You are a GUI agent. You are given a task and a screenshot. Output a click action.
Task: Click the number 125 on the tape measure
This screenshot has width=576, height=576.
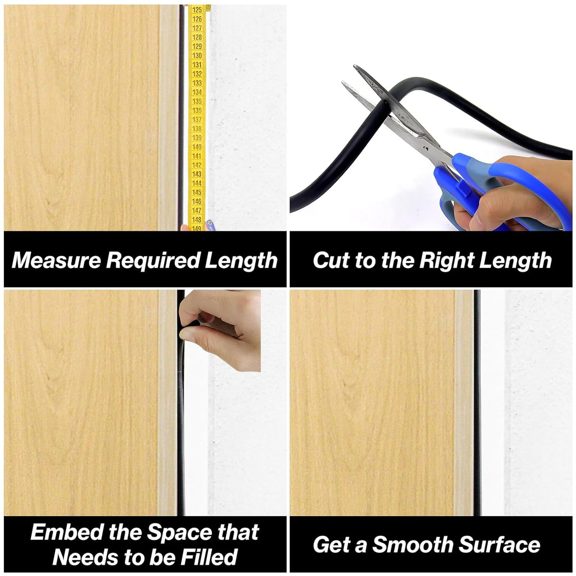coord(197,10)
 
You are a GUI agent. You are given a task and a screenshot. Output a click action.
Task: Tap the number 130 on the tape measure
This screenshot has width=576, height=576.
coord(197,56)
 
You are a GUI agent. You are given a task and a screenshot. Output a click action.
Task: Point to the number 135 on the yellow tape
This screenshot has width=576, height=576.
coord(197,102)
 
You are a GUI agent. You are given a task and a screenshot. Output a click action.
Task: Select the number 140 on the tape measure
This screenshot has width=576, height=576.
coord(197,147)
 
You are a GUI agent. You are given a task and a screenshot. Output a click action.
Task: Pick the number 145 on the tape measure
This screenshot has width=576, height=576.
coord(197,192)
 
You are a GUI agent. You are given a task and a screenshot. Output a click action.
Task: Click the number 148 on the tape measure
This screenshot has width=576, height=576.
coord(197,220)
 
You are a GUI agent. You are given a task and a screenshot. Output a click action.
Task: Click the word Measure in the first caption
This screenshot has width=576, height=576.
coord(56,260)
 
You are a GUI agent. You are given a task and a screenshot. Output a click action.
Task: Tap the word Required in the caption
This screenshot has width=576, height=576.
coord(153,260)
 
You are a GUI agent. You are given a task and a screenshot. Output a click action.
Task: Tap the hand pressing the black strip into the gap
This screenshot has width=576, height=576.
coord(220,329)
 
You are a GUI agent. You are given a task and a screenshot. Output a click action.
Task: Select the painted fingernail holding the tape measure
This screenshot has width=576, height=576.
coord(210,224)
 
